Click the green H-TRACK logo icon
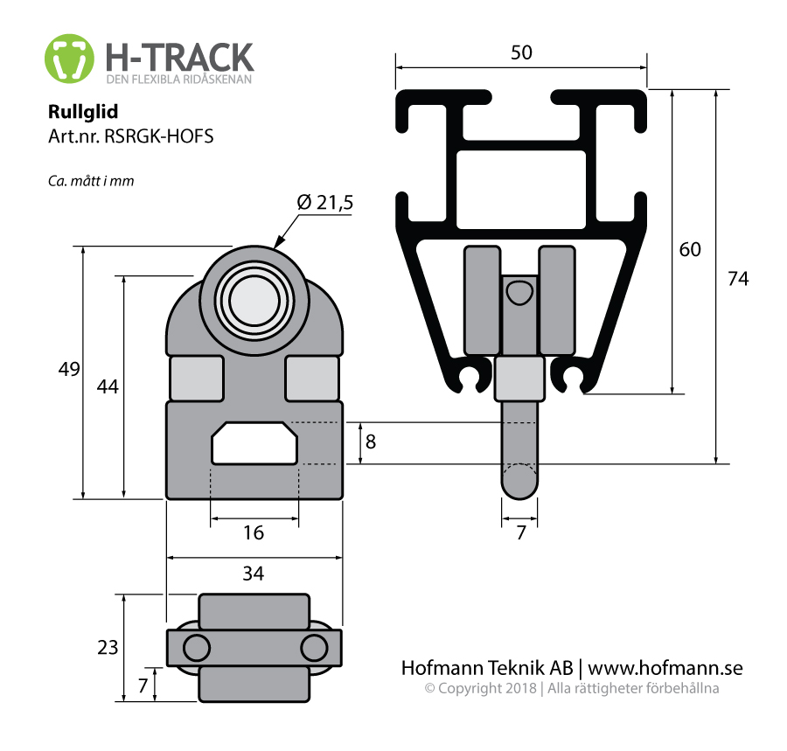[x=69, y=59]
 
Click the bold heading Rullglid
[x=83, y=111]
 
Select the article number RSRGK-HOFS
[x=158, y=136]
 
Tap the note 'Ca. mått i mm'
[x=91, y=181]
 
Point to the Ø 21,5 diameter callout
[x=324, y=202]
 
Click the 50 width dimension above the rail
[x=521, y=52]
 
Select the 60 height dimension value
[x=690, y=249]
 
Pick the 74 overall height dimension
[x=738, y=278]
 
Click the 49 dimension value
[x=69, y=369]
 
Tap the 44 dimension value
[x=108, y=386]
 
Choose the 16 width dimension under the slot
[x=254, y=532]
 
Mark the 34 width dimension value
[x=254, y=574]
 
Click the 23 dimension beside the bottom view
[x=108, y=648]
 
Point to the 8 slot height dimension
[x=371, y=442]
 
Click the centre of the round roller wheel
[x=254, y=300]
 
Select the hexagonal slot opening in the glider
[x=254, y=443]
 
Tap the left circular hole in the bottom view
[x=196, y=648]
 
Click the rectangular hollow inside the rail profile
[x=521, y=190]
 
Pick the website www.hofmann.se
[x=665, y=668]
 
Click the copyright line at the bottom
[x=572, y=688]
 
